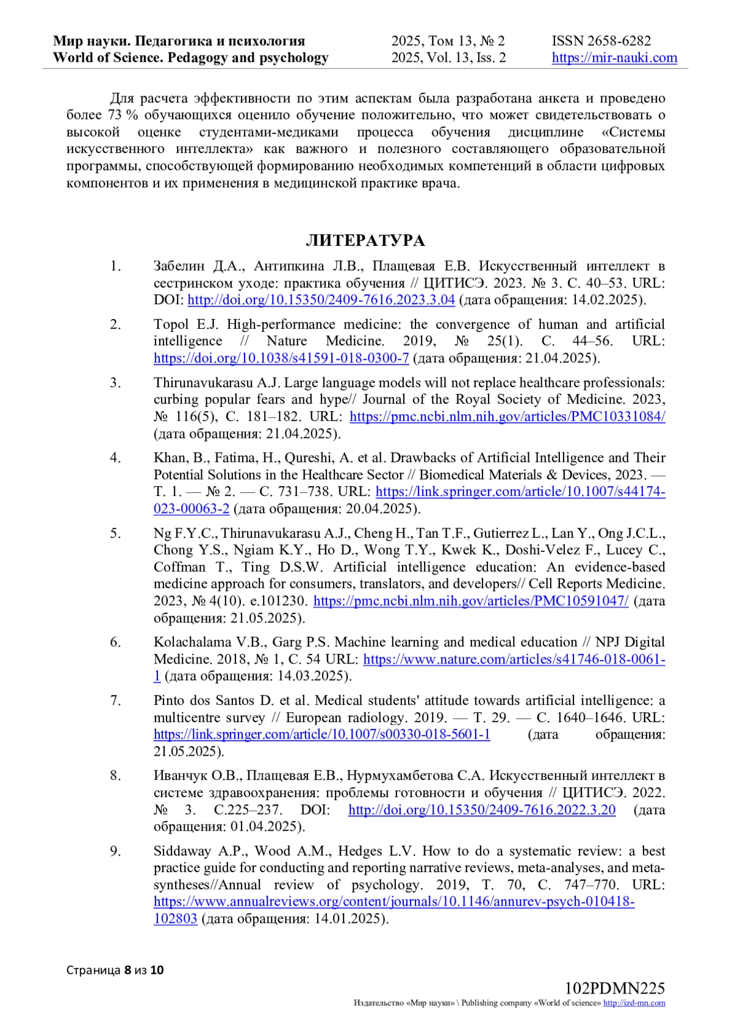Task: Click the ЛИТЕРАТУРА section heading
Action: (x=365, y=241)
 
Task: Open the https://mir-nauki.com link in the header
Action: (x=614, y=58)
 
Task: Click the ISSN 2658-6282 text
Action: (x=601, y=41)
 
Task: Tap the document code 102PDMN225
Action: (x=614, y=988)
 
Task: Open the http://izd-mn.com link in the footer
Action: (x=634, y=1003)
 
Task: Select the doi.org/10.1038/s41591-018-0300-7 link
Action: (x=281, y=358)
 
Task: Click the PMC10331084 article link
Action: (x=507, y=417)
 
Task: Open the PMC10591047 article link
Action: (x=470, y=601)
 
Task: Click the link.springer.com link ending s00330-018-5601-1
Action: (x=321, y=734)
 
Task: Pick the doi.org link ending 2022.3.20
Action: (x=482, y=810)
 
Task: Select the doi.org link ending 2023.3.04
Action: (x=321, y=300)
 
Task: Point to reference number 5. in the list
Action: (x=115, y=533)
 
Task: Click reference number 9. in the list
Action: (x=115, y=851)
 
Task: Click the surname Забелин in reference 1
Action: (x=178, y=267)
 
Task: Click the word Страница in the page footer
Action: (x=93, y=970)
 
